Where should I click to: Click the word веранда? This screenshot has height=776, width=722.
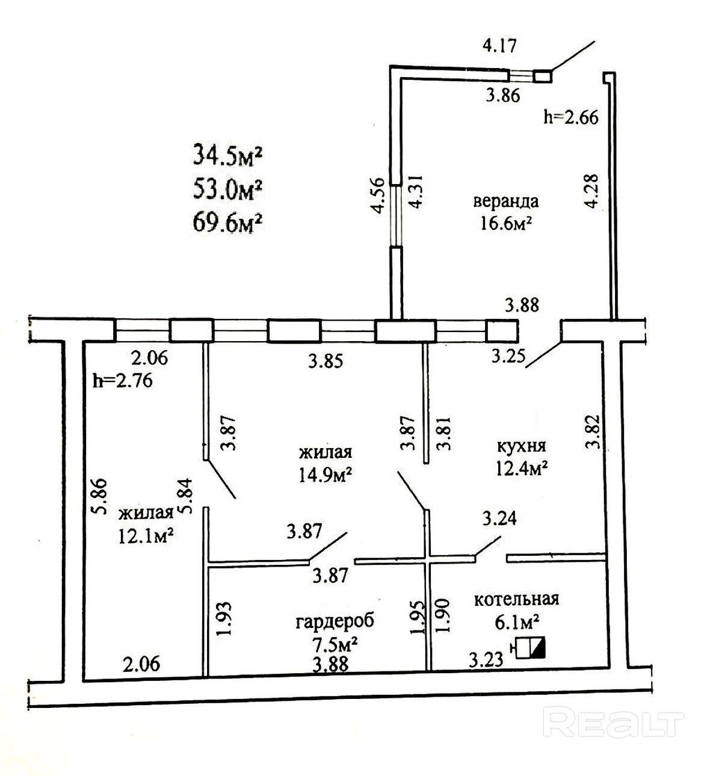[x=505, y=201]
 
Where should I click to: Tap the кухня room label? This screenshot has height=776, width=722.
[x=521, y=446]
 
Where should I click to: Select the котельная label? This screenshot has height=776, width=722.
[x=516, y=599]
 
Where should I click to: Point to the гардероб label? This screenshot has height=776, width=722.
[x=335, y=621]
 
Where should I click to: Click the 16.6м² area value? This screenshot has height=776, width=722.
[x=505, y=224]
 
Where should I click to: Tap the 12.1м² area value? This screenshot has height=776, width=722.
[x=147, y=535]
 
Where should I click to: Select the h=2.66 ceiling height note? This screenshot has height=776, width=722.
[x=570, y=117]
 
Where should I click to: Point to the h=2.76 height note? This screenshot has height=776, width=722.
[x=123, y=380]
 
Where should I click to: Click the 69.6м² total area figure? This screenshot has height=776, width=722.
[x=227, y=223]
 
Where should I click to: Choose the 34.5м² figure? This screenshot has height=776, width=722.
[x=227, y=155]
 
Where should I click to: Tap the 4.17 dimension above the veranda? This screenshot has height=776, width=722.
[x=500, y=45]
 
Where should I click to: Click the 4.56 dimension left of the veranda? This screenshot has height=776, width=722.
[x=377, y=196]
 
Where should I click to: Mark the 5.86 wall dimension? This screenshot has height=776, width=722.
[x=99, y=496]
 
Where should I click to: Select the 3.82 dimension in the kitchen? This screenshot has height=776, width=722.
[x=593, y=432]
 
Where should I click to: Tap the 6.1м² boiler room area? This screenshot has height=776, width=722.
[x=516, y=621]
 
